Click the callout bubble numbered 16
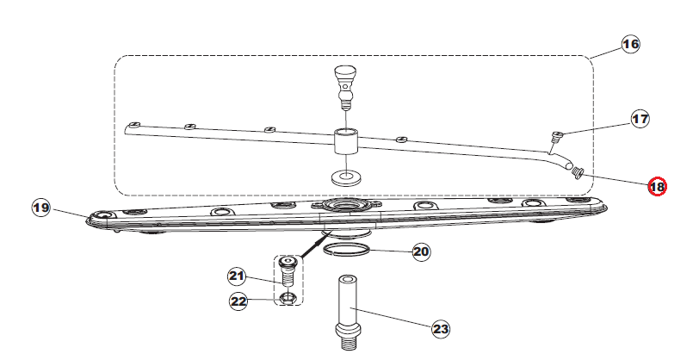click(630, 44)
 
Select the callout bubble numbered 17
click(640, 119)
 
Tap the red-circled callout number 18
click(657, 187)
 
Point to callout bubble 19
click(41, 208)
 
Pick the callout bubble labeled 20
click(421, 251)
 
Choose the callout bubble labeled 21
click(237, 276)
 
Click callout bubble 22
click(238, 301)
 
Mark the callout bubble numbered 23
click(441, 329)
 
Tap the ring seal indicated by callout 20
click(345, 250)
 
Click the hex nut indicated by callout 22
click(288, 298)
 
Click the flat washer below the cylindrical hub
click(345, 178)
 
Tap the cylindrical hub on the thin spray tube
click(345, 141)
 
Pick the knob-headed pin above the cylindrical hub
click(345, 87)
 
